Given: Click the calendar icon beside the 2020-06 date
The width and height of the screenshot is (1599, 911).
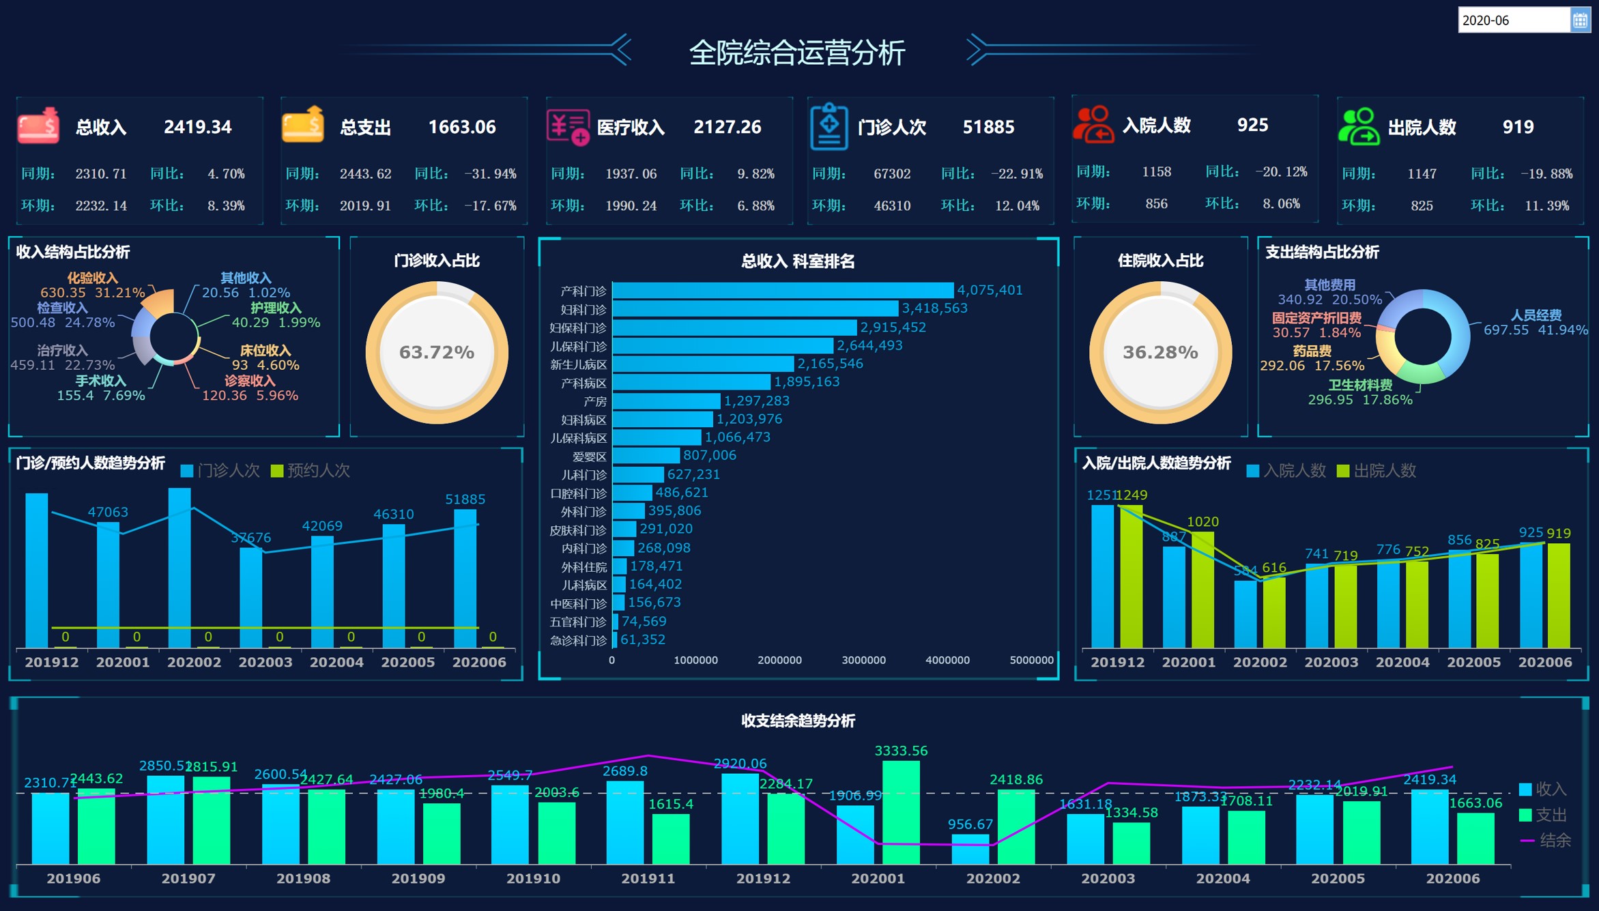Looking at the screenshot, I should coord(1580,20).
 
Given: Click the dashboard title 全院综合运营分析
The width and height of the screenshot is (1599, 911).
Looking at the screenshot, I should coord(796,53).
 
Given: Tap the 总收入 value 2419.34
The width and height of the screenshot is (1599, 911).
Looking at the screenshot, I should coord(197,127).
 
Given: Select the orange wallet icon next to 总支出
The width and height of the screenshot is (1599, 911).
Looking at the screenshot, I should coord(302,125).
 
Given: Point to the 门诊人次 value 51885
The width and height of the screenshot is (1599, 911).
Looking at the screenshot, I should coord(988,127).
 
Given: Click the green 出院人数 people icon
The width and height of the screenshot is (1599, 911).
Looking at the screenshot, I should coord(1357,126).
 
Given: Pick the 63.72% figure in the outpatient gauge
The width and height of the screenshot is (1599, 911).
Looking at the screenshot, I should coord(436,352).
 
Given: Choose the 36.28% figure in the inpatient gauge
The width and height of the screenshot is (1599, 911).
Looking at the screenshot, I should coord(1159,352).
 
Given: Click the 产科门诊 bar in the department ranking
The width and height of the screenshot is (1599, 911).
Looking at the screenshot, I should coord(782,291).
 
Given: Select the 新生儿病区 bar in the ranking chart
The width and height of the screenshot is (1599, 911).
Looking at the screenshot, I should coord(703,364).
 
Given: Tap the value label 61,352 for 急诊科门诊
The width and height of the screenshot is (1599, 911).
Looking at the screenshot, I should coord(642,639).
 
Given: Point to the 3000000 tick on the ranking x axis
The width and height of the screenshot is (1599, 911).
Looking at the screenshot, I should coord(863,660).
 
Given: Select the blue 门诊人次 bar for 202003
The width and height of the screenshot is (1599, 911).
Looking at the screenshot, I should coord(250,597).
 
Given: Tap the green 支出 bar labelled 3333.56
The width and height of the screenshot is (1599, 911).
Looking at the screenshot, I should coord(900,812).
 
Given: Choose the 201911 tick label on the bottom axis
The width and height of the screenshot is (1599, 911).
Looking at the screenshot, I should coord(648,878).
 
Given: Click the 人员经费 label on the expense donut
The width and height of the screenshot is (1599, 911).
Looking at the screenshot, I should coord(1536,315).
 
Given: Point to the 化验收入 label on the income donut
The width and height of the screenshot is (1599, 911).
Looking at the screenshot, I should coord(92,278).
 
